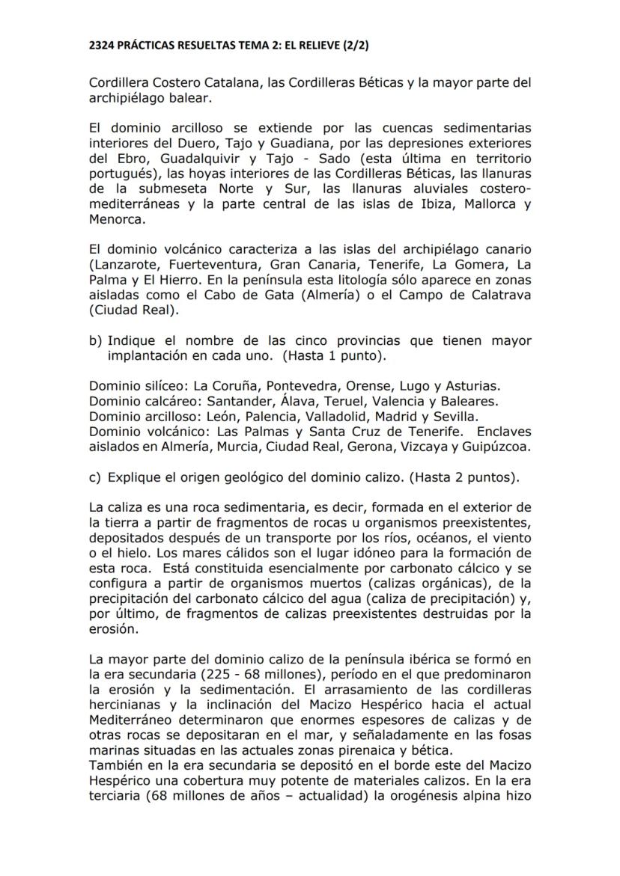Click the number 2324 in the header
coord(103,46)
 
